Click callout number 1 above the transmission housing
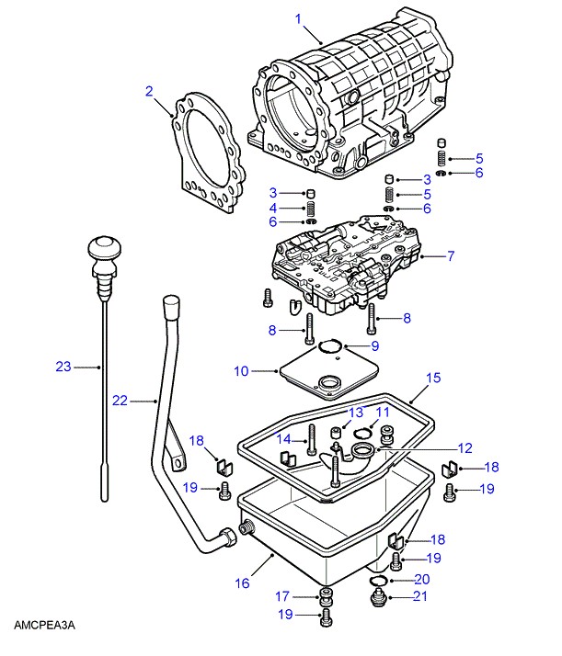[x=298, y=17]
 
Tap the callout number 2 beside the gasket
[x=149, y=90]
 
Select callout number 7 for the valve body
[x=451, y=256]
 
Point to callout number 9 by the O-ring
[x=374, y=345]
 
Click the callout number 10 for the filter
[x=240, y=371]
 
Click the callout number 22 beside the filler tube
[x=120, y=401]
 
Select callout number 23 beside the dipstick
[x=63, y=368]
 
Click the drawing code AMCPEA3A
[x=43, y=626]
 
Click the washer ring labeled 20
[x=377, y=581]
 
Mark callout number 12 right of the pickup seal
[x=465, y=448]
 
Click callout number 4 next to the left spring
[x=273, y=209]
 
